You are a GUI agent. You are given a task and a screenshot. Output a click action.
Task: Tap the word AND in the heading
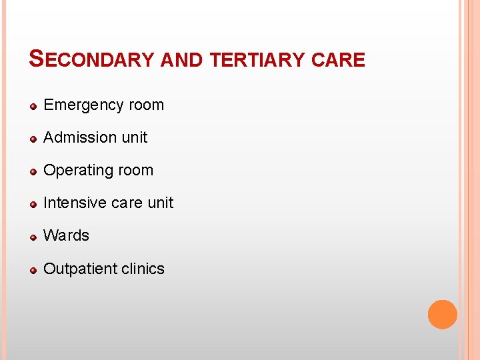pyautogui.click(x=182, y=60)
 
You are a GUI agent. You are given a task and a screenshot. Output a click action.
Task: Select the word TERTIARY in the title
pyautogui.click(x=257, y=60)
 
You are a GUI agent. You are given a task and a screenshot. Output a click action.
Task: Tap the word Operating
pyautogui.click(x=75, y=171)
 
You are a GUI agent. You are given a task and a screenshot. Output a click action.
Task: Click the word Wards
pyautogui.click(x=66, y=235)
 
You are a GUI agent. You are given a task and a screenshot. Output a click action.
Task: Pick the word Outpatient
pyautogui.click(x=79, y=269)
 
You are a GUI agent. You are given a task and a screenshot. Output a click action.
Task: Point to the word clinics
pyautogui.click(x=142, y=269)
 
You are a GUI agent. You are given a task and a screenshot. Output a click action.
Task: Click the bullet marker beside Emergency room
pyautogui.click(x=34, y=106)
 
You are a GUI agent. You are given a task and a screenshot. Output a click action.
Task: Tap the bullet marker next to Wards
pyautogui.click(x=34, y=237)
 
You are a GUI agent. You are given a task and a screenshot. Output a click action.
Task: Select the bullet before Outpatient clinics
pyautogui.click(x=34, y=270)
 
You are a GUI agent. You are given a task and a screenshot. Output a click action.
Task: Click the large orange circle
pyautogui.click(x=442, y=314)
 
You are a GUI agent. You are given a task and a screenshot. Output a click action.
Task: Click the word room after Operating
pyautogui.click(x=136, y=171)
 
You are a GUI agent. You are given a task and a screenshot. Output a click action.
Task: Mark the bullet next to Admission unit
pyautogui.click(x=34, y=139)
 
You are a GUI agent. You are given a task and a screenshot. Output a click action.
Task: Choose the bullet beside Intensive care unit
pyautogui.click(x=34, y=204)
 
